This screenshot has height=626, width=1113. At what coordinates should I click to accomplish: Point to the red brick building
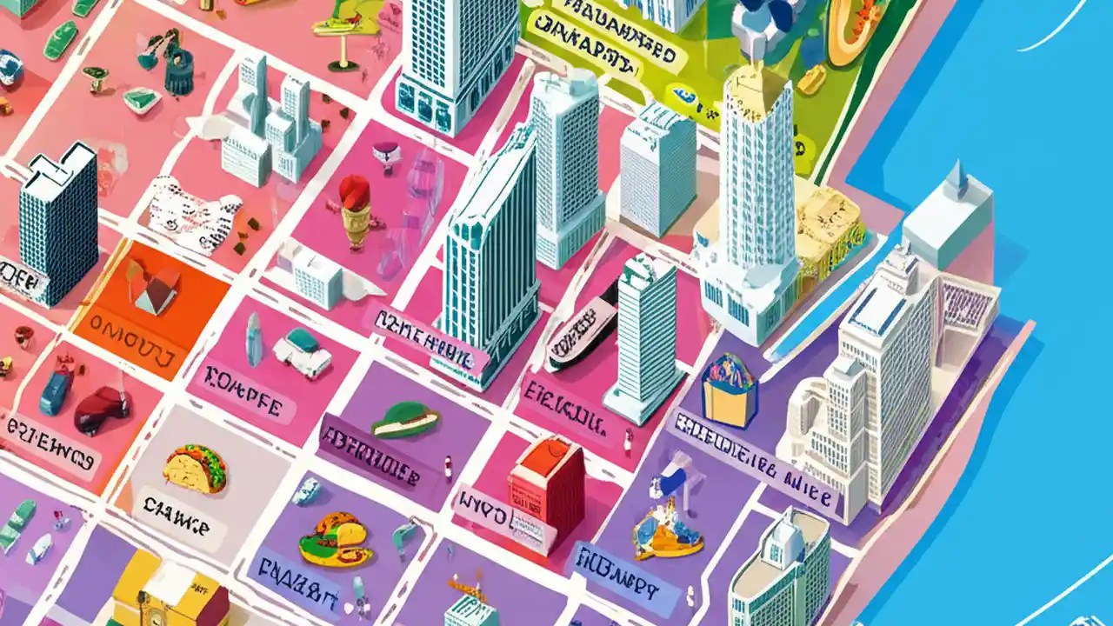pos(547,492)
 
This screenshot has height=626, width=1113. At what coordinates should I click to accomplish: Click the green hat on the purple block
pos(404,421)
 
